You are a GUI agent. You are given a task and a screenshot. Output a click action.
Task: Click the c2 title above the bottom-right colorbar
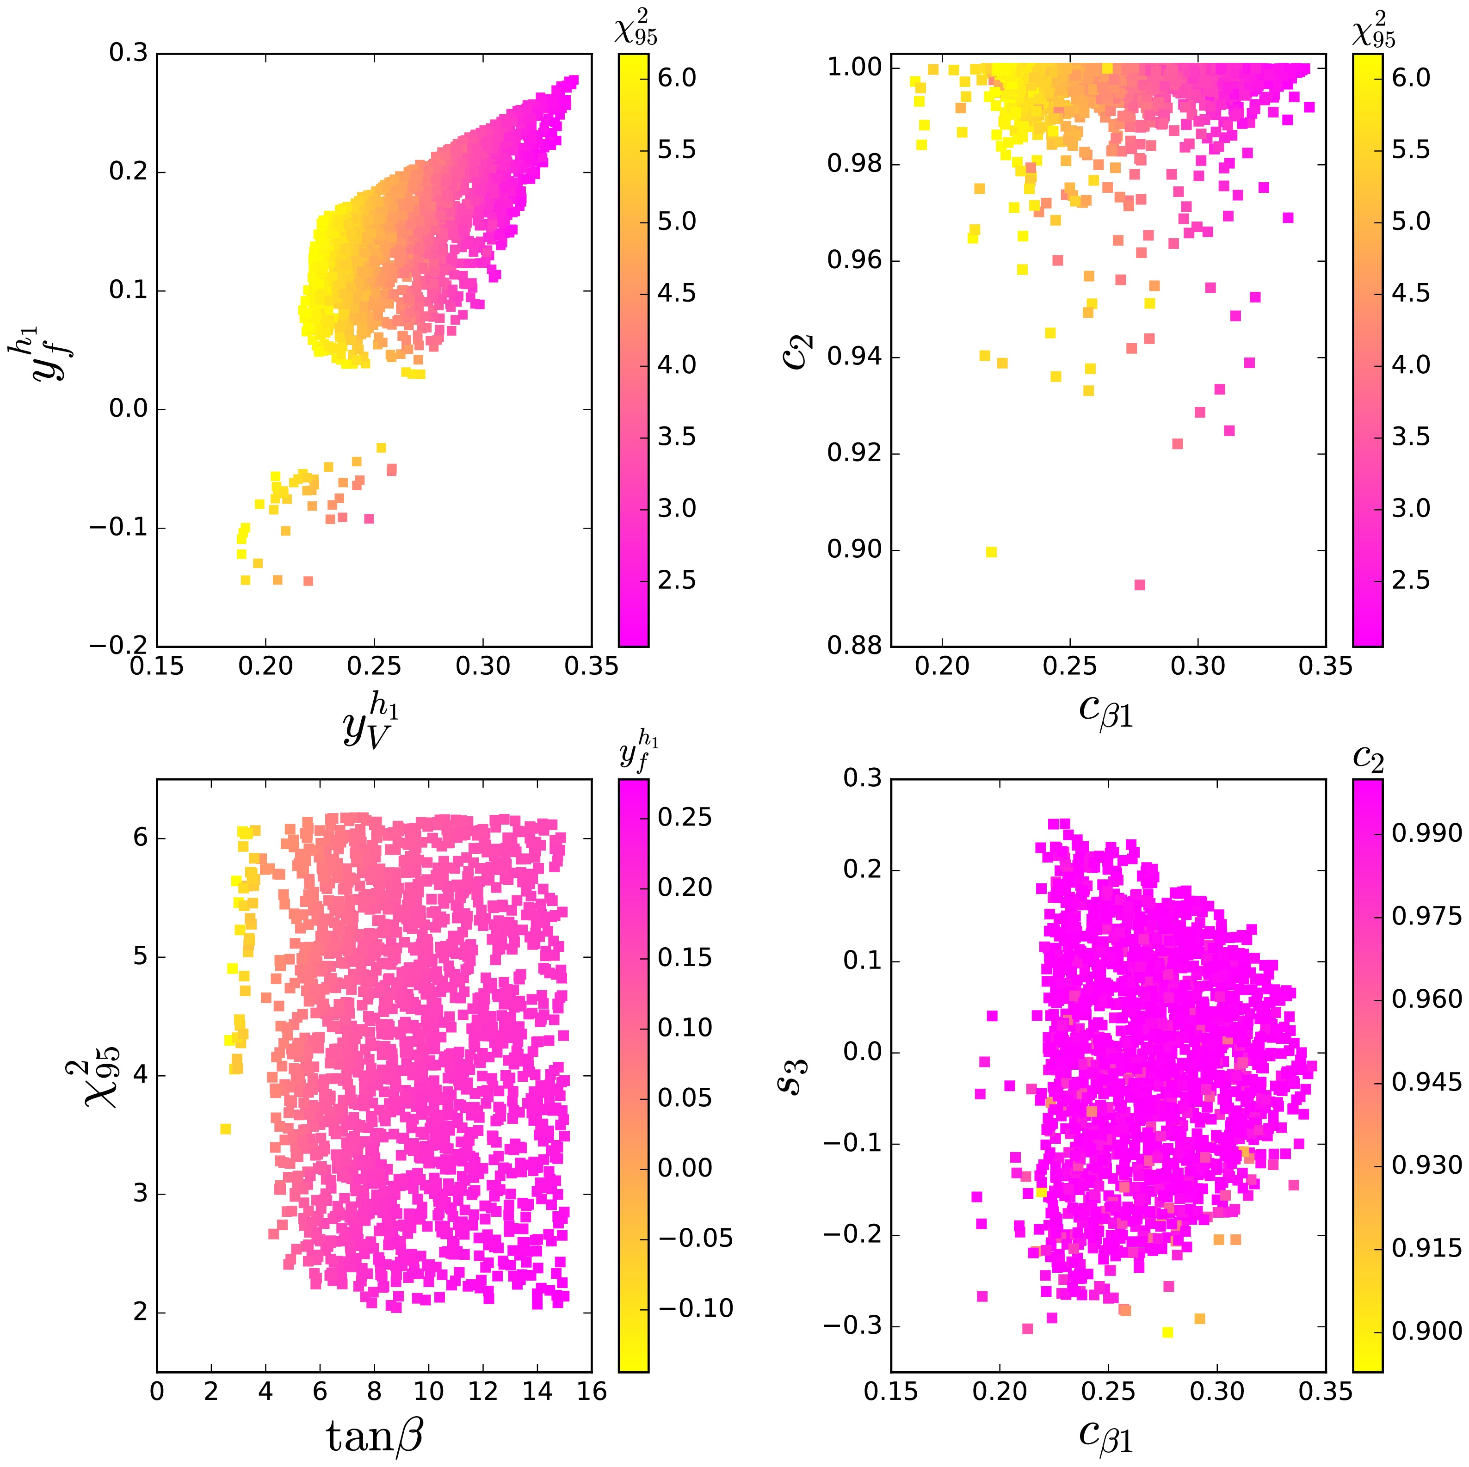click(x=1368, y=758)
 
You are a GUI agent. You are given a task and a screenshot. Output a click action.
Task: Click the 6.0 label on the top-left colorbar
click(x=676, y=78)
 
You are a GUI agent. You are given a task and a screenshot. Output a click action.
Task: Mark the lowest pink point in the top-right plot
click(x=1139, y=585)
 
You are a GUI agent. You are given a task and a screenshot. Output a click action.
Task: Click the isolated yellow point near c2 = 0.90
click(x=991, y=552)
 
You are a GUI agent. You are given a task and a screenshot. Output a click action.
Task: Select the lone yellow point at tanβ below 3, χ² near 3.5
click(x=225, y=1129)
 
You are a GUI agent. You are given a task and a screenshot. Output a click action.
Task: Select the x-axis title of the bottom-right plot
click(x=1106, y=1434)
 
